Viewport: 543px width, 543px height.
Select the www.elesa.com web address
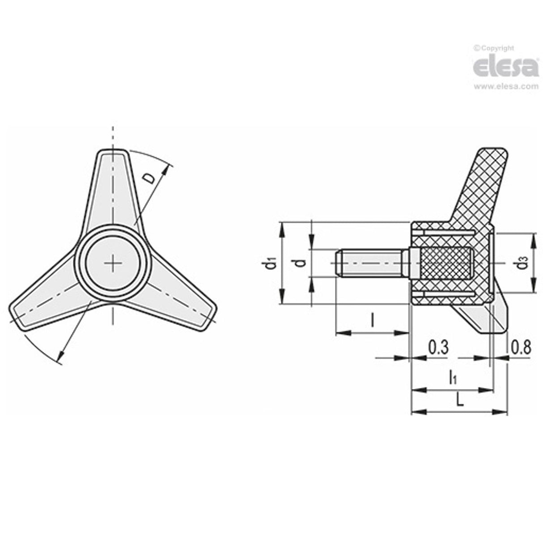pos(506,87)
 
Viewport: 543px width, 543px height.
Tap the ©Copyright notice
pos(494,48)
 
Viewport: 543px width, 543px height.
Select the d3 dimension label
pos(522,264)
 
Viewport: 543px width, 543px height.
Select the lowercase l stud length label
pos(372,320)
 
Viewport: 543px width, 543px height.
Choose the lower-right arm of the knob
pos(179,304)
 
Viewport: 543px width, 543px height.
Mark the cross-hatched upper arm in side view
pos(479,188)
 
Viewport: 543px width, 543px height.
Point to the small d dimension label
pos(302,262)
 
